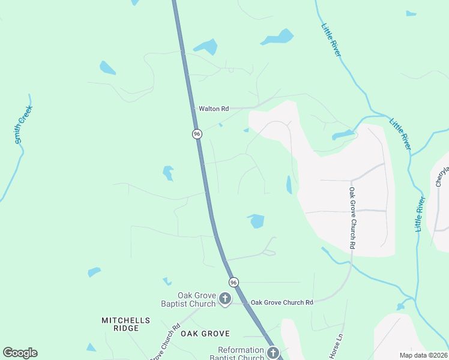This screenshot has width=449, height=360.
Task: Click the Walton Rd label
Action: [x=213, y=109]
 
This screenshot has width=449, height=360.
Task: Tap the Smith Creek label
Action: [x=23, y=124]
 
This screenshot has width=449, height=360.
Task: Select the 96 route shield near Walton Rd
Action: [x=197, y=134]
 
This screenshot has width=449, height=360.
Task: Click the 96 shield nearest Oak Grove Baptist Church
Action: [x=234, y=282]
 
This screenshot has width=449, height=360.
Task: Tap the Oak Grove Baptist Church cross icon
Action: [x=225, y=298]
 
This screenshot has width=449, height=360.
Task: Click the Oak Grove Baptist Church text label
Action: [x=188, y=299]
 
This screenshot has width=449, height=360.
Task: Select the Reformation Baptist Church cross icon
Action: [x=273, y=353]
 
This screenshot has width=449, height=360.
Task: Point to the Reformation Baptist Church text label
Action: [x=240, y=353]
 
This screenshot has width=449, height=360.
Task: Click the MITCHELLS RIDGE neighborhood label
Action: [x=120, y=324]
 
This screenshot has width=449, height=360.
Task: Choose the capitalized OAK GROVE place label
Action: [x=206, y=333]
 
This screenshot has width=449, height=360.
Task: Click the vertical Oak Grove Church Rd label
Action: [x=352, y=218]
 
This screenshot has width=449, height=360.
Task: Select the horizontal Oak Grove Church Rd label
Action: [x=282, y=303]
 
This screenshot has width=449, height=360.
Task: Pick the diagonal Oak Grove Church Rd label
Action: [x=165, y=344]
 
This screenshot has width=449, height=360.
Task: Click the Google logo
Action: [x=20, y=353]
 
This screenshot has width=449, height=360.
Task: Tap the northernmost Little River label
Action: [x=331, y=40]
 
